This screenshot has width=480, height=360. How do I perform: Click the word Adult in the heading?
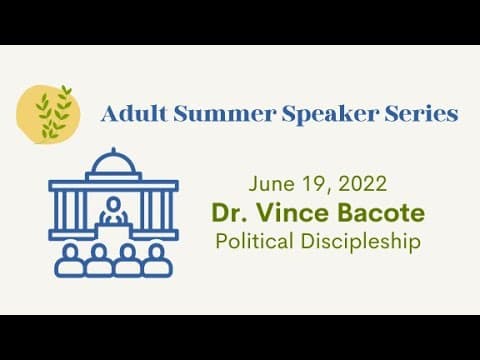click(x=134, y=113)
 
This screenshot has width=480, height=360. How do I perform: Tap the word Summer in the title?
click(x=225, y=114)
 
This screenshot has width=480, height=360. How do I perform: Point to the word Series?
click(x=421, y=114)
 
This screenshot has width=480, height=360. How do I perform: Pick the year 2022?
click(x=363, y=184)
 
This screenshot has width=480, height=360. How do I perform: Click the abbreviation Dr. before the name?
click(x=229, y=212)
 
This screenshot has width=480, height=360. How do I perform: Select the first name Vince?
click(x=292, y=212)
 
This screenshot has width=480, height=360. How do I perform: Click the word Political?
click(x=254, y=241)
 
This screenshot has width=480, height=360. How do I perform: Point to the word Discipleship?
click(x=361, y=242)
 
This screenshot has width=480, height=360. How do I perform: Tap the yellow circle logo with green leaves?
click(x=48, y=114)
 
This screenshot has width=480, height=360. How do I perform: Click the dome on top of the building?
click(x=114, y=163)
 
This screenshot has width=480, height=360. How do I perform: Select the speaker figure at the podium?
click(x=114, y=210)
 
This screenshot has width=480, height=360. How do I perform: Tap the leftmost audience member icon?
click(x=70, y=260)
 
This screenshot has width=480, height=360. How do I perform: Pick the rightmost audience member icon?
click(x=158, y=260)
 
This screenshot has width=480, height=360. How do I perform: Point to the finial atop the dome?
click(x=114, y=150)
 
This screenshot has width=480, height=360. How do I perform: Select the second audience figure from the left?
click(x=99, y=260)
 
